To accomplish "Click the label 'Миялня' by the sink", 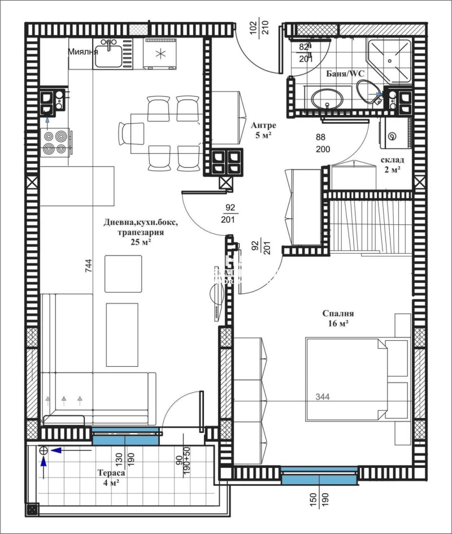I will [x=82, y=51].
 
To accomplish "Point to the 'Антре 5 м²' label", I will [x=263, y=131].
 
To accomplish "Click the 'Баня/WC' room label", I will [x=344, y=73].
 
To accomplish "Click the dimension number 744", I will [x=88, y=269].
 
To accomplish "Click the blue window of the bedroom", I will [x=319, y=478].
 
